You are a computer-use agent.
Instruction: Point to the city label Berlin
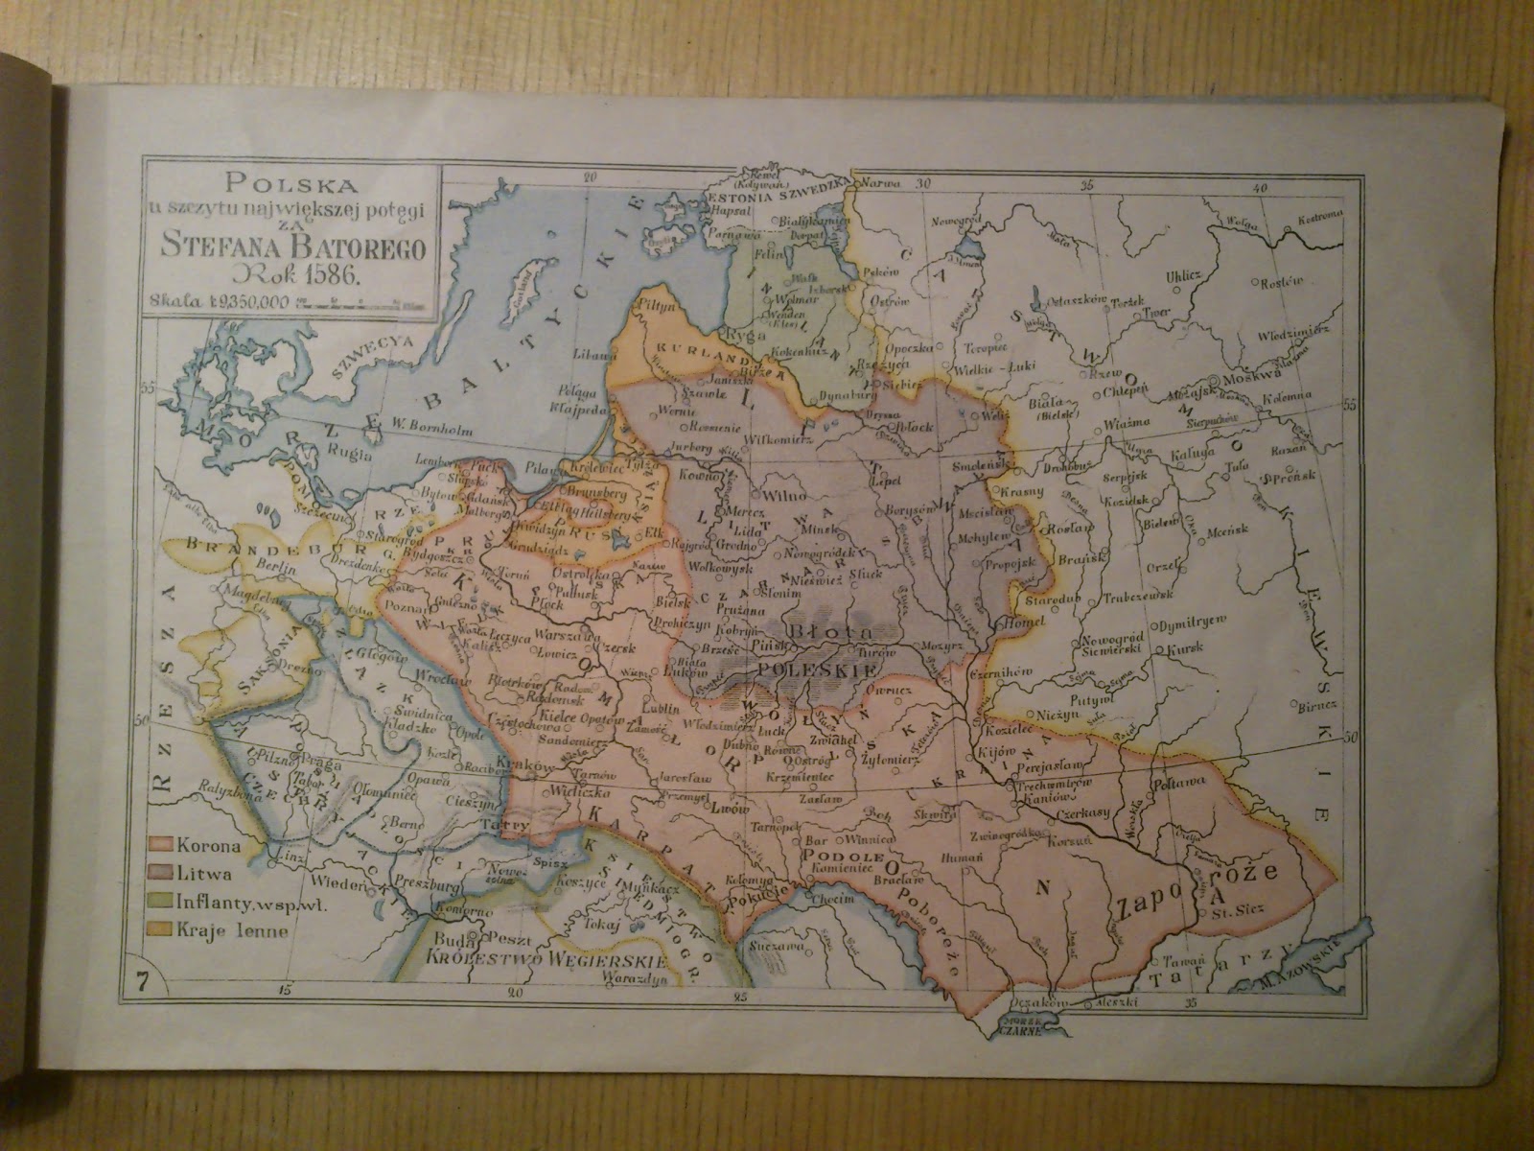(x=272, y=567)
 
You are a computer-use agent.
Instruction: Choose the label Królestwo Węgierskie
(x=546, y=958)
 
